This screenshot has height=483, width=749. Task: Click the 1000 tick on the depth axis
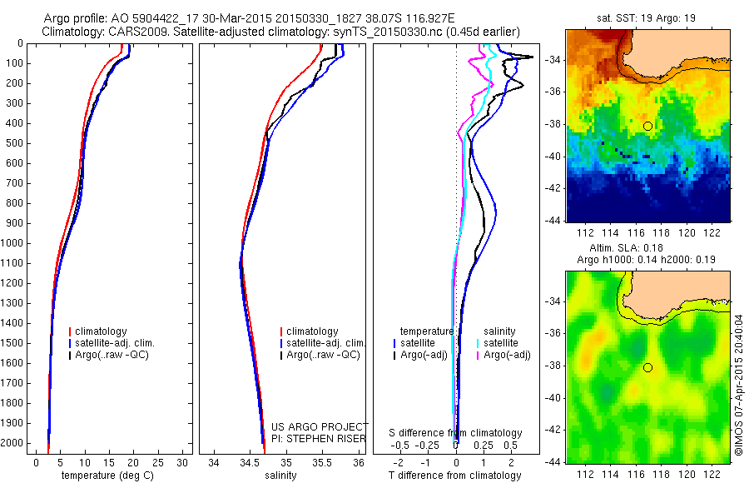15,243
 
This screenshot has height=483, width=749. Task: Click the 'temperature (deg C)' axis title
104,476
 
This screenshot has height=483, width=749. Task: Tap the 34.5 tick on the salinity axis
250,462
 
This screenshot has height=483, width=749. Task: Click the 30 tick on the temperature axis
183,462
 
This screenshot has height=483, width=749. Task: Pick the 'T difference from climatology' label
456,476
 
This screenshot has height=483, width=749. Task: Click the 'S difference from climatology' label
456,433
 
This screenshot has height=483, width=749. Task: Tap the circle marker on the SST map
647,126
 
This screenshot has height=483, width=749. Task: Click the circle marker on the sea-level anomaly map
647,367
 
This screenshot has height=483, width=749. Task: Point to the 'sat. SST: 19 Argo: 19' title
646,17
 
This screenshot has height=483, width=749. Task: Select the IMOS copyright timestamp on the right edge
737,385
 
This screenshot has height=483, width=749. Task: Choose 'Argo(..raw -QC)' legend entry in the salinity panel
323,355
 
